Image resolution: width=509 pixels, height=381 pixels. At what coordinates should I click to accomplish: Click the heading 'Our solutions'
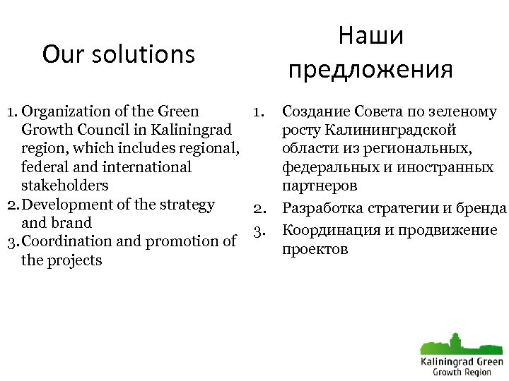[x=118, y=54]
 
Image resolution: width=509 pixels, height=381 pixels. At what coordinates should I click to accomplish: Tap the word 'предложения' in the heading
[x=370, y=69]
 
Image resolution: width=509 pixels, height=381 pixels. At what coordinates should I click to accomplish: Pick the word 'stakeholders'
[x=65, y=186]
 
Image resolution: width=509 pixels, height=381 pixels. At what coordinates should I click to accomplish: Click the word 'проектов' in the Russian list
[x=315, y=250]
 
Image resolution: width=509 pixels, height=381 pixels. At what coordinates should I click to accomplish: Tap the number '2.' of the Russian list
[x=259, y=208]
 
